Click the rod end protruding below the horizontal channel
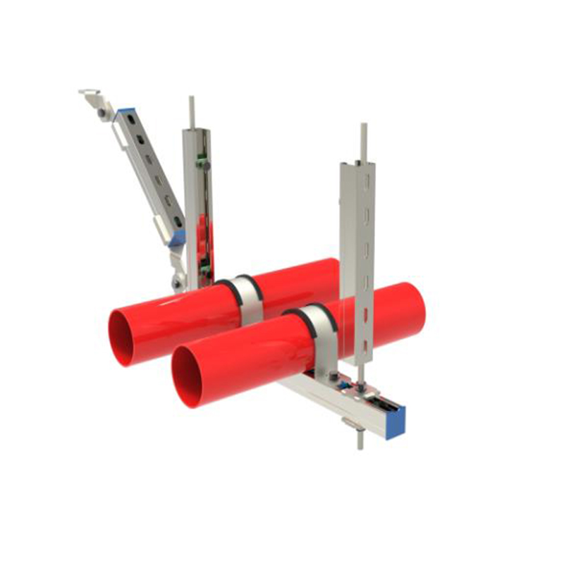tap(360, 441)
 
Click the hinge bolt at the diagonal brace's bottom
tap(176, 283)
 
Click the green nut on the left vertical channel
tap(202, 164)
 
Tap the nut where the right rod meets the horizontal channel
tap(361, 386)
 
